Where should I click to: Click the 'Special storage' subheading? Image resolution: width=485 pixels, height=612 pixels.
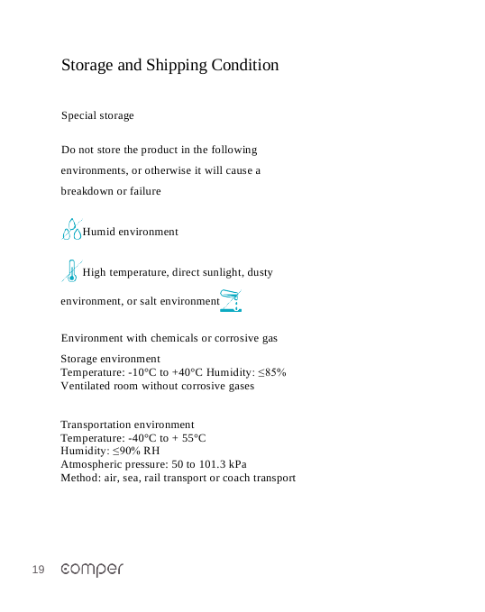pyautogui.click(x=97, y=115)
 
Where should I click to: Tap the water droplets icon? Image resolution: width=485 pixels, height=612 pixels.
pyautogui.click(x=71, y=229)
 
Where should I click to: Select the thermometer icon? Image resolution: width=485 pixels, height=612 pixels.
pyautogui.click(x=70, y=270)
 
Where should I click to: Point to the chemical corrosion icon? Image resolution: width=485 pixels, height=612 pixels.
pyautogui.click(x=232, y=300)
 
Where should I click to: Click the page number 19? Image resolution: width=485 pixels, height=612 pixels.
pyautogui.click(x=38, y=570)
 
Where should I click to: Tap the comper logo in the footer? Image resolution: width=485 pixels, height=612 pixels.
pyautogui.click(x=92, y=570)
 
